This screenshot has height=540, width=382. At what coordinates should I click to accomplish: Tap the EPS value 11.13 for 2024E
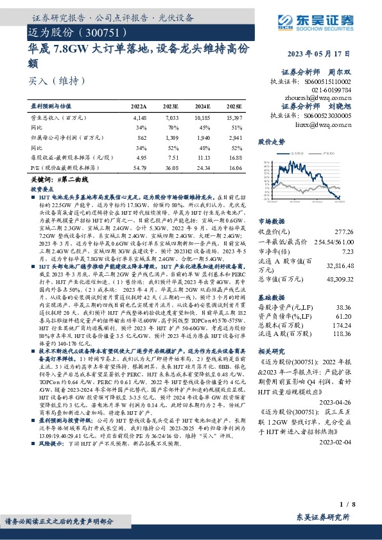point(204,157)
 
